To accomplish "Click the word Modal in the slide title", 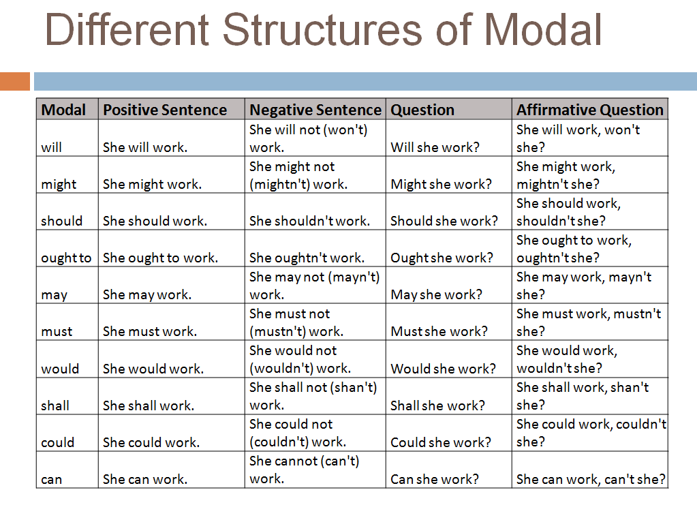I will [543, 30].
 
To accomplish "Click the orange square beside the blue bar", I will [15, 81].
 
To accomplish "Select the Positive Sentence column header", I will [165, 110].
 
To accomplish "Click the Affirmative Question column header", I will [589, 110].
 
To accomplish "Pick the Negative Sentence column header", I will [315, 110].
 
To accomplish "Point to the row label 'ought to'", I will [66, 258].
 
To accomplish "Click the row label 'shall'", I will [55, 405].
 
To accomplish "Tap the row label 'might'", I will [59, 185].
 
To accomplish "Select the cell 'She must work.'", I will [150, 332].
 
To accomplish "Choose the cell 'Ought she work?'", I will [442, 258].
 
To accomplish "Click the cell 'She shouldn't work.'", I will [309, 221].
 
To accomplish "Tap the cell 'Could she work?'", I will [440, 442].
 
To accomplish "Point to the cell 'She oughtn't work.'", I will [307, 258].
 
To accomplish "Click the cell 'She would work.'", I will [153, 369].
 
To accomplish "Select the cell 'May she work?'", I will [436, 295].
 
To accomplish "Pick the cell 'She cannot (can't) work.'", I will [304, 470].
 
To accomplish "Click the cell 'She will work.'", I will [145, 148].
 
